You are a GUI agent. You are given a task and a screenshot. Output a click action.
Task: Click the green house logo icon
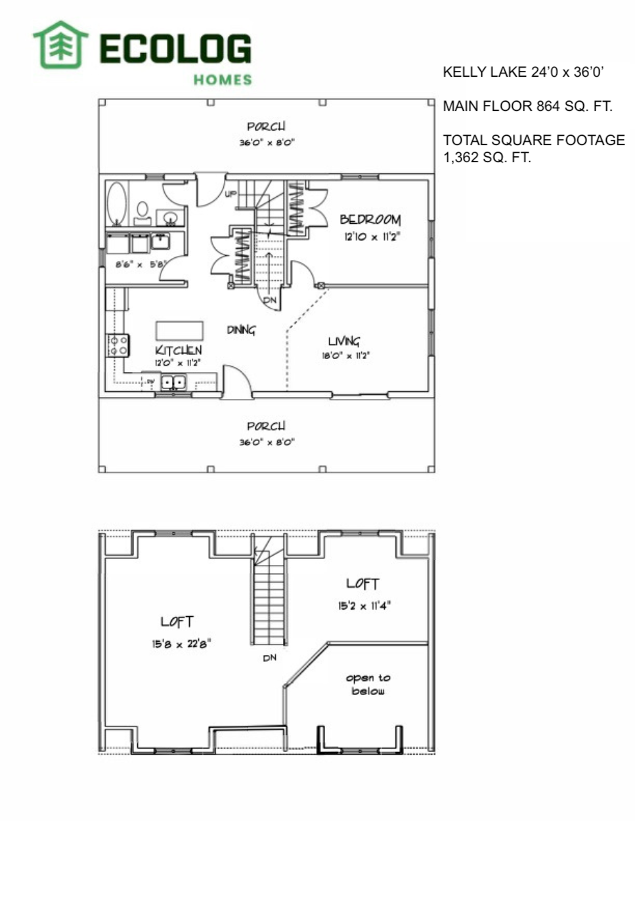click(60, 45)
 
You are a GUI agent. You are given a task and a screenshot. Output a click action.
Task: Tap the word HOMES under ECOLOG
click(223, 79)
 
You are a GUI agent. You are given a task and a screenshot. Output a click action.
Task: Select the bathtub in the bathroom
click(116, 203)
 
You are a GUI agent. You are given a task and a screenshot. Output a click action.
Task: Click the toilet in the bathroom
click(142, 213)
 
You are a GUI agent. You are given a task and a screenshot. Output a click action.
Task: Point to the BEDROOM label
click(370, 219)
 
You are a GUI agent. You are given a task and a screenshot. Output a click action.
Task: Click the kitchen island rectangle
click(179, 331)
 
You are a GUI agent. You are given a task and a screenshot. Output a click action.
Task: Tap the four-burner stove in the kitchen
click(118, 346)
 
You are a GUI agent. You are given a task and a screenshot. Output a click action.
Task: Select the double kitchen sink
click(173, 382)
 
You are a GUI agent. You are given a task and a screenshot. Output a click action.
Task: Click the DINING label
click(241, 330)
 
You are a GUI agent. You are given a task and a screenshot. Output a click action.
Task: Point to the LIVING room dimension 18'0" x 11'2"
click(345, 355)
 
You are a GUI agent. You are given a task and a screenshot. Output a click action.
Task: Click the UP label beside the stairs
click(230, 194)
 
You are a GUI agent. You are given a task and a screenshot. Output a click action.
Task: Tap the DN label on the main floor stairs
click(270, 300)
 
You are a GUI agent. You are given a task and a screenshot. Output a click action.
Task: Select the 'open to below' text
click(368, 684)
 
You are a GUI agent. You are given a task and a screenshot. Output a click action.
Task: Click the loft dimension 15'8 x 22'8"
click(181, 644)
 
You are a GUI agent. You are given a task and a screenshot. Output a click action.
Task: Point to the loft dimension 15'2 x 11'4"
click(364, 606)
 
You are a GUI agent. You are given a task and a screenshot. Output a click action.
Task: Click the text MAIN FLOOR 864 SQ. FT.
click(527, 106)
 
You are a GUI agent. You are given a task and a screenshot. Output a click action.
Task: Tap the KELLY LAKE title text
click(523, 72)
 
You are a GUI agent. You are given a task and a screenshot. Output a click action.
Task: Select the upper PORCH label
click(266, 127)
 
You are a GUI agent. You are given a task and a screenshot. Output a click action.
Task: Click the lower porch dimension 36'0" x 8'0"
click(267, 442)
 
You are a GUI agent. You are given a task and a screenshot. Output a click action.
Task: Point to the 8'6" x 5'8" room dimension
click(141, 264)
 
